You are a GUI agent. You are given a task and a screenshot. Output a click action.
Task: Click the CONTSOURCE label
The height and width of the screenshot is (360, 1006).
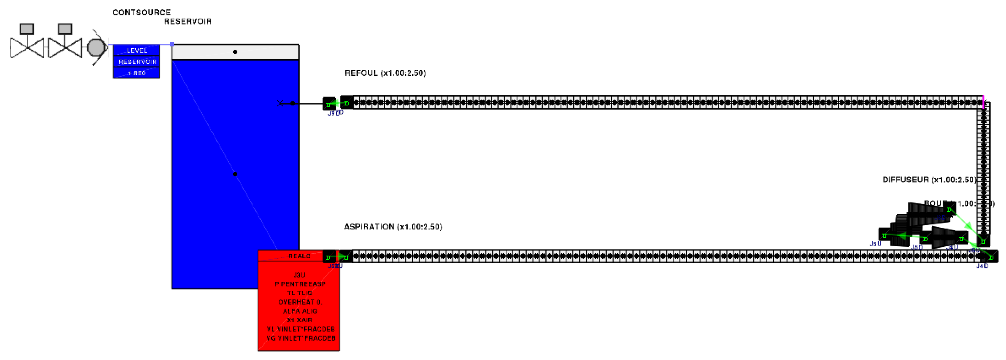point(141,13)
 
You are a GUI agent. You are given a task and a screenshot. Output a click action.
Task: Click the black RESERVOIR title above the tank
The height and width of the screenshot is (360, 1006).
point(188,22)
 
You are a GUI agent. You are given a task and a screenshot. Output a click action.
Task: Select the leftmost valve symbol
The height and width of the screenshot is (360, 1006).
point(27,48)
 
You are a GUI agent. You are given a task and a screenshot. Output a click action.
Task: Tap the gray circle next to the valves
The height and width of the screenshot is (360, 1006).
point(96,48)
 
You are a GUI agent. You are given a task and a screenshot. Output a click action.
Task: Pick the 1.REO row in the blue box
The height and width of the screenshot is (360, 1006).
point(136,73)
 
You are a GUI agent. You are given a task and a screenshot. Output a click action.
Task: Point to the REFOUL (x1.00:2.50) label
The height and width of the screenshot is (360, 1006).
point(385,73)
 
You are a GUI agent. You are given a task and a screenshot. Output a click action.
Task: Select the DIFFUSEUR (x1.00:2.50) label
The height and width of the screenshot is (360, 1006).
point(929,180)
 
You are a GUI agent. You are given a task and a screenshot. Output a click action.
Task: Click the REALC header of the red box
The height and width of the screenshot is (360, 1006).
point(299,256)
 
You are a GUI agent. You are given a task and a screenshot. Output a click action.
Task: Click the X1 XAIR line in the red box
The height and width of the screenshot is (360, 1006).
point(299,320)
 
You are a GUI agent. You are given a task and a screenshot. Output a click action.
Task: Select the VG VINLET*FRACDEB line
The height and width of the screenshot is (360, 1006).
point(301,338)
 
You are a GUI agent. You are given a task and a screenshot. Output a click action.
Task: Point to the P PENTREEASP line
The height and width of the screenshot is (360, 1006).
point(300,284)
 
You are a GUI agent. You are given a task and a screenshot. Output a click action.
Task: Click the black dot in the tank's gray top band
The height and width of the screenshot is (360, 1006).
point(235,52)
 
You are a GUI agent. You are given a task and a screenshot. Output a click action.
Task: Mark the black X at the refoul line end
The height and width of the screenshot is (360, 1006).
point(280,104)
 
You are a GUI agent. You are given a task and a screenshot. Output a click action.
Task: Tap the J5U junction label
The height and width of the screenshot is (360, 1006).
point(875,244)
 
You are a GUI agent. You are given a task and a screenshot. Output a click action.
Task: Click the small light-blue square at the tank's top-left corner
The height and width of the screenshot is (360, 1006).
point(172,44)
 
